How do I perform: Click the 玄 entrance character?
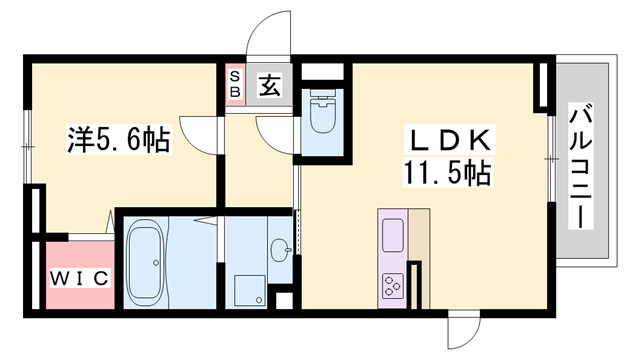point(270,86)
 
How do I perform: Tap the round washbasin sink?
point(279,248)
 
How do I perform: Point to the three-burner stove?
point(392,285)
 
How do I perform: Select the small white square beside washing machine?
point(283,298)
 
